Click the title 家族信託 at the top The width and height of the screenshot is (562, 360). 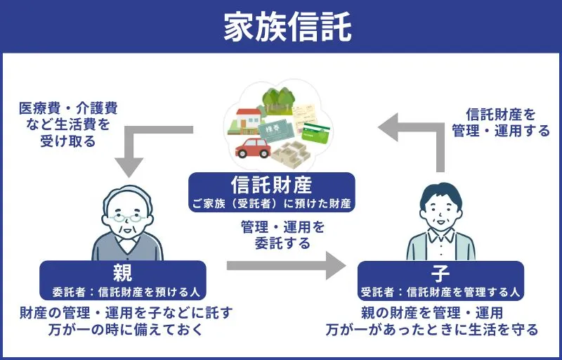tap(281, 26)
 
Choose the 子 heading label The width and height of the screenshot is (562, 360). tap(440, 272)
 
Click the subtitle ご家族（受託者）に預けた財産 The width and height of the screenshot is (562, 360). tap(271, 204)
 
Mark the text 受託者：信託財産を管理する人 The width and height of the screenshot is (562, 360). tap(440, 290)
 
